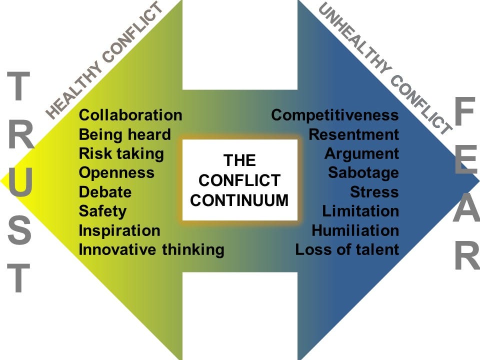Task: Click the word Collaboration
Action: pos(130,115)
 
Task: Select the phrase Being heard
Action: pos(124,134)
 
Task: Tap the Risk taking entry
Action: pos(121,153)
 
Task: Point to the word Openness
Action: pos(116,172)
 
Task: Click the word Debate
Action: pos(105,192)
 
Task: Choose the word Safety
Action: pos(102,211)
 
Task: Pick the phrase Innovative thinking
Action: pos(151,249)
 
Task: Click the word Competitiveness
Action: pos(335,115)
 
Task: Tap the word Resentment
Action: pos(353,134)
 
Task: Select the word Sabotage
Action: pos(363,172)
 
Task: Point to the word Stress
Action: pos(374,192)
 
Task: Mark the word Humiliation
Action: pos(355,230)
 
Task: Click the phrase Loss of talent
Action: pos(347,249)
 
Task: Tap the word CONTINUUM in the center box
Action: pos(240,200)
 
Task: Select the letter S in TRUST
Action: pos(20,231)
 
